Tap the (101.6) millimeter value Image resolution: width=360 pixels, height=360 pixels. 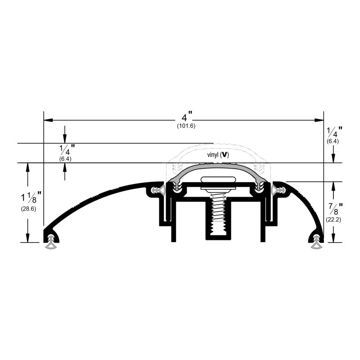pos(186,126)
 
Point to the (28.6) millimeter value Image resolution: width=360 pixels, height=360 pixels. pos(28,209)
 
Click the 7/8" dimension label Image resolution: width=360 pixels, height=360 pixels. pos(335,209)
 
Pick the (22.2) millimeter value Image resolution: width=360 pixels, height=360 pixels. pos(333,220)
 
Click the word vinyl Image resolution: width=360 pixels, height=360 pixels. pos(212,155)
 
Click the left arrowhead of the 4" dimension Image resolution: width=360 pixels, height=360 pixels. pos(48,120)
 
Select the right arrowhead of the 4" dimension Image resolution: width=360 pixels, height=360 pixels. pos(319,120)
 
